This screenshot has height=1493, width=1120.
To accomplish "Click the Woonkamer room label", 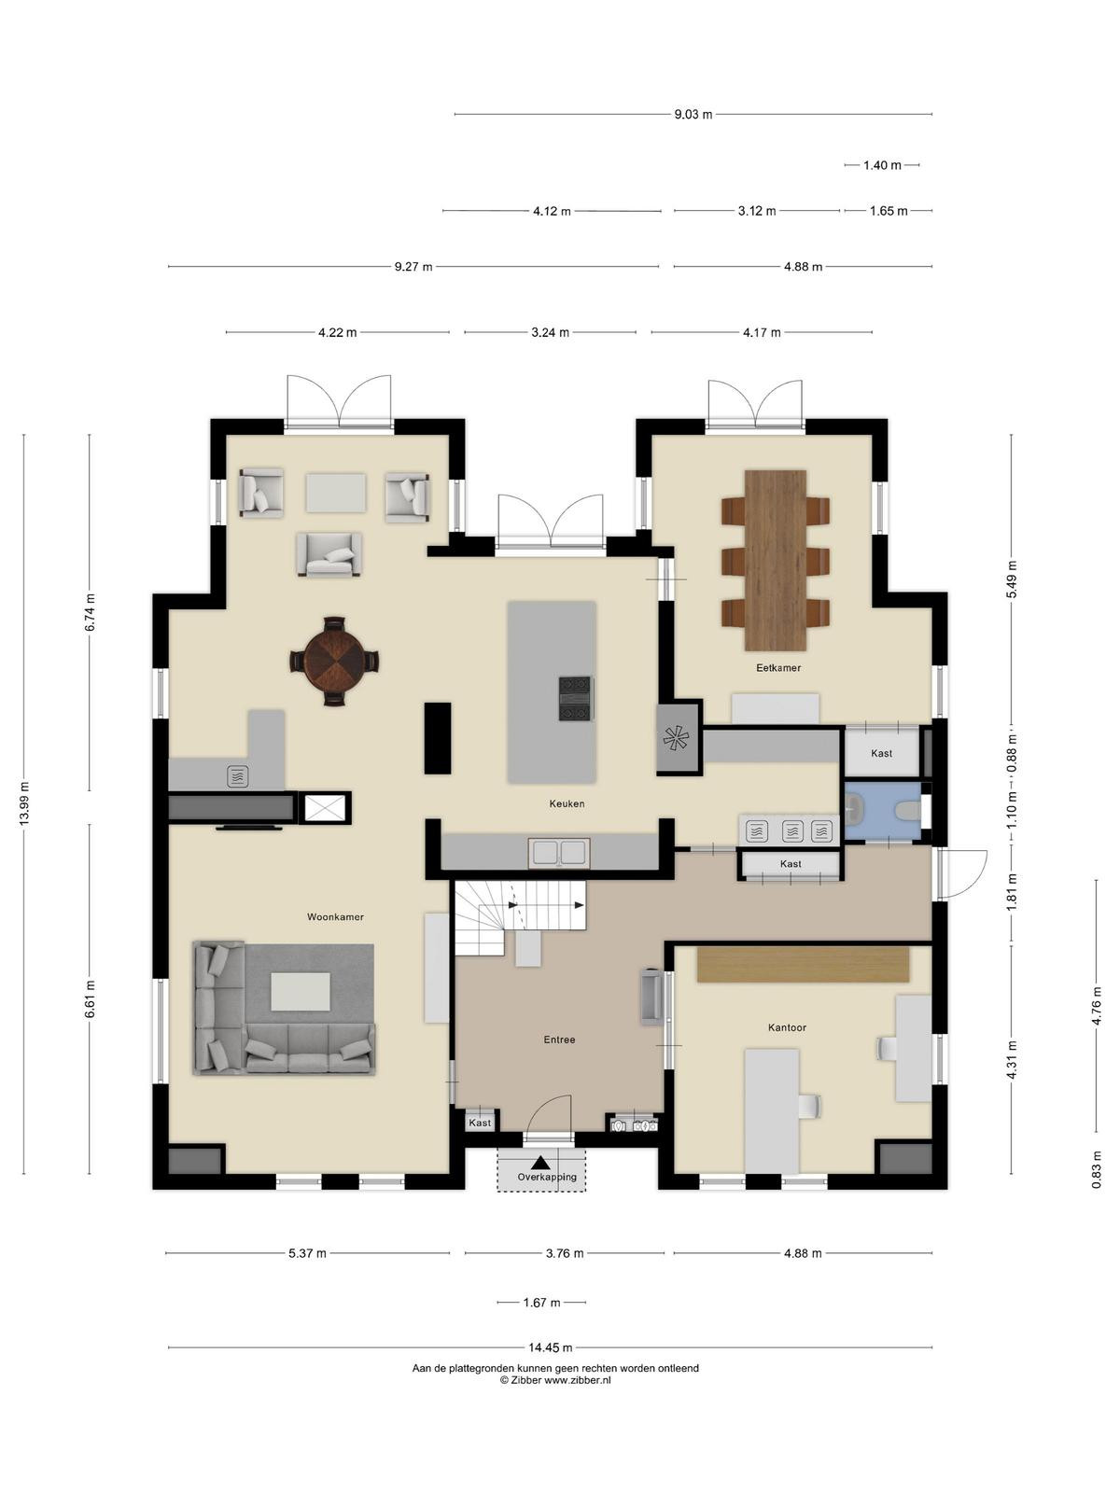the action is tap(335, 917).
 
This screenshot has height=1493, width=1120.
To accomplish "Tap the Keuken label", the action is tap(567, 803).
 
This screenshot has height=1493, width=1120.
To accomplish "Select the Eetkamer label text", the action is tap(778, 667).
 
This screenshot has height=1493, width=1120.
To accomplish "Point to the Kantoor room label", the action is tap(787, 1027).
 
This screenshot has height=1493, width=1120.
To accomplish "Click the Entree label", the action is tap(559, 1040).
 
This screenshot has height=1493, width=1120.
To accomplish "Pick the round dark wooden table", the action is tap(334, 661).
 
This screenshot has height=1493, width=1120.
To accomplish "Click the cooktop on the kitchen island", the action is tap(576, 698).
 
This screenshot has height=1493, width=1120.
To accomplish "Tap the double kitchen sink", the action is tap(559, 852).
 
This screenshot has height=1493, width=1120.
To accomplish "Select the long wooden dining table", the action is tap(776, 560).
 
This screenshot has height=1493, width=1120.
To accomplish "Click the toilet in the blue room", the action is tap(909, 811).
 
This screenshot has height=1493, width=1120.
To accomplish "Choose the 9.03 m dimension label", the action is tap(693, 114).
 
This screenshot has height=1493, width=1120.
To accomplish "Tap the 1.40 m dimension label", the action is tap(882, 164).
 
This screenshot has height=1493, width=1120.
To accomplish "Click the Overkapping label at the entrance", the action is tap(547, 1177).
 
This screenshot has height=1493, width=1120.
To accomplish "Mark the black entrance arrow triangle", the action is tap(540, 1163).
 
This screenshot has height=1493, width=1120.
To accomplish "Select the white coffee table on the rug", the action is tap(301, 992).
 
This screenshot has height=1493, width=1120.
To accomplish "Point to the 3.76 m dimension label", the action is tap(565, 1253).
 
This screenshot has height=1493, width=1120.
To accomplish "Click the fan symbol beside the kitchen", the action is tap(678, 739).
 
